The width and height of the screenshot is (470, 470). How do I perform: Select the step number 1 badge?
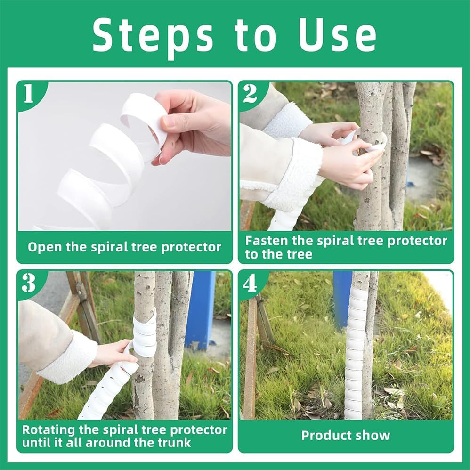pyautogui.click(x=29, y=94)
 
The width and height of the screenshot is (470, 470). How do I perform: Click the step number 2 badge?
pyautogui.click(x=250, y=94)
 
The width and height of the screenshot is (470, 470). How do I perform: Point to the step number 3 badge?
pyautogui.click(x=29, y=283)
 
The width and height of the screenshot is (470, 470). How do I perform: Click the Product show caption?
pyautogui.click(x=346, y=435)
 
